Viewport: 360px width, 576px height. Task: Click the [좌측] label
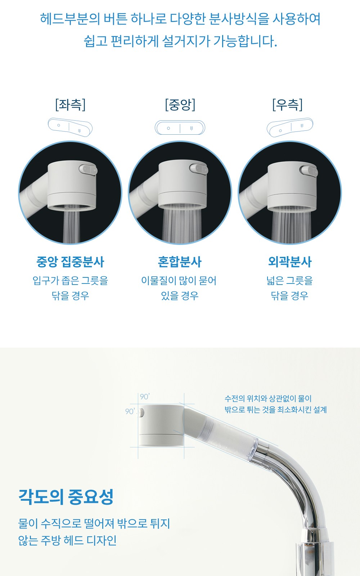pyautogui.click(x=70, y=105)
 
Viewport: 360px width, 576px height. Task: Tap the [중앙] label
pyautogui.click(x=180, y=105)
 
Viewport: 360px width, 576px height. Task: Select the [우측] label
pyautogui.click(x=287, y=105)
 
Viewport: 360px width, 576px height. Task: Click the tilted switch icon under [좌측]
pyautogui.click(x=70, y=127)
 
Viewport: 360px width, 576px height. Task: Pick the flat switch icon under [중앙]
pyautogui.click(x=180, y=128)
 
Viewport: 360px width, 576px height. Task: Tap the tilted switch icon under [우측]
pyautogui.click(x=290, y=127)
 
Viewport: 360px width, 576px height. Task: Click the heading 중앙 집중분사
pyautogui.click(x=70, y=262)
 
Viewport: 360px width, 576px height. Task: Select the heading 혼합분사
pyautogui.click(x=180, y=262)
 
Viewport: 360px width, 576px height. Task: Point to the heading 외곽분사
pyautogui.click(x=289, y=262)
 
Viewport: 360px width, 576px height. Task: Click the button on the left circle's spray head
pyautogui.click(x=88, y=169)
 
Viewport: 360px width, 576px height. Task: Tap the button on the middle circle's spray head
pyautogui.click(x=199, y=169)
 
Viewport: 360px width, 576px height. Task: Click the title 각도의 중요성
pyautogui.click(x=66, y=496)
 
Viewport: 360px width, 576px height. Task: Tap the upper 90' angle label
pyautogui.click(x=145, y=397)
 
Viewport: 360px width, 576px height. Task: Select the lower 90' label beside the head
pyautogui.click(x=130, y=411)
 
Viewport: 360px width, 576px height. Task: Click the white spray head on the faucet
pyautogui.click(x=161, y=425)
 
